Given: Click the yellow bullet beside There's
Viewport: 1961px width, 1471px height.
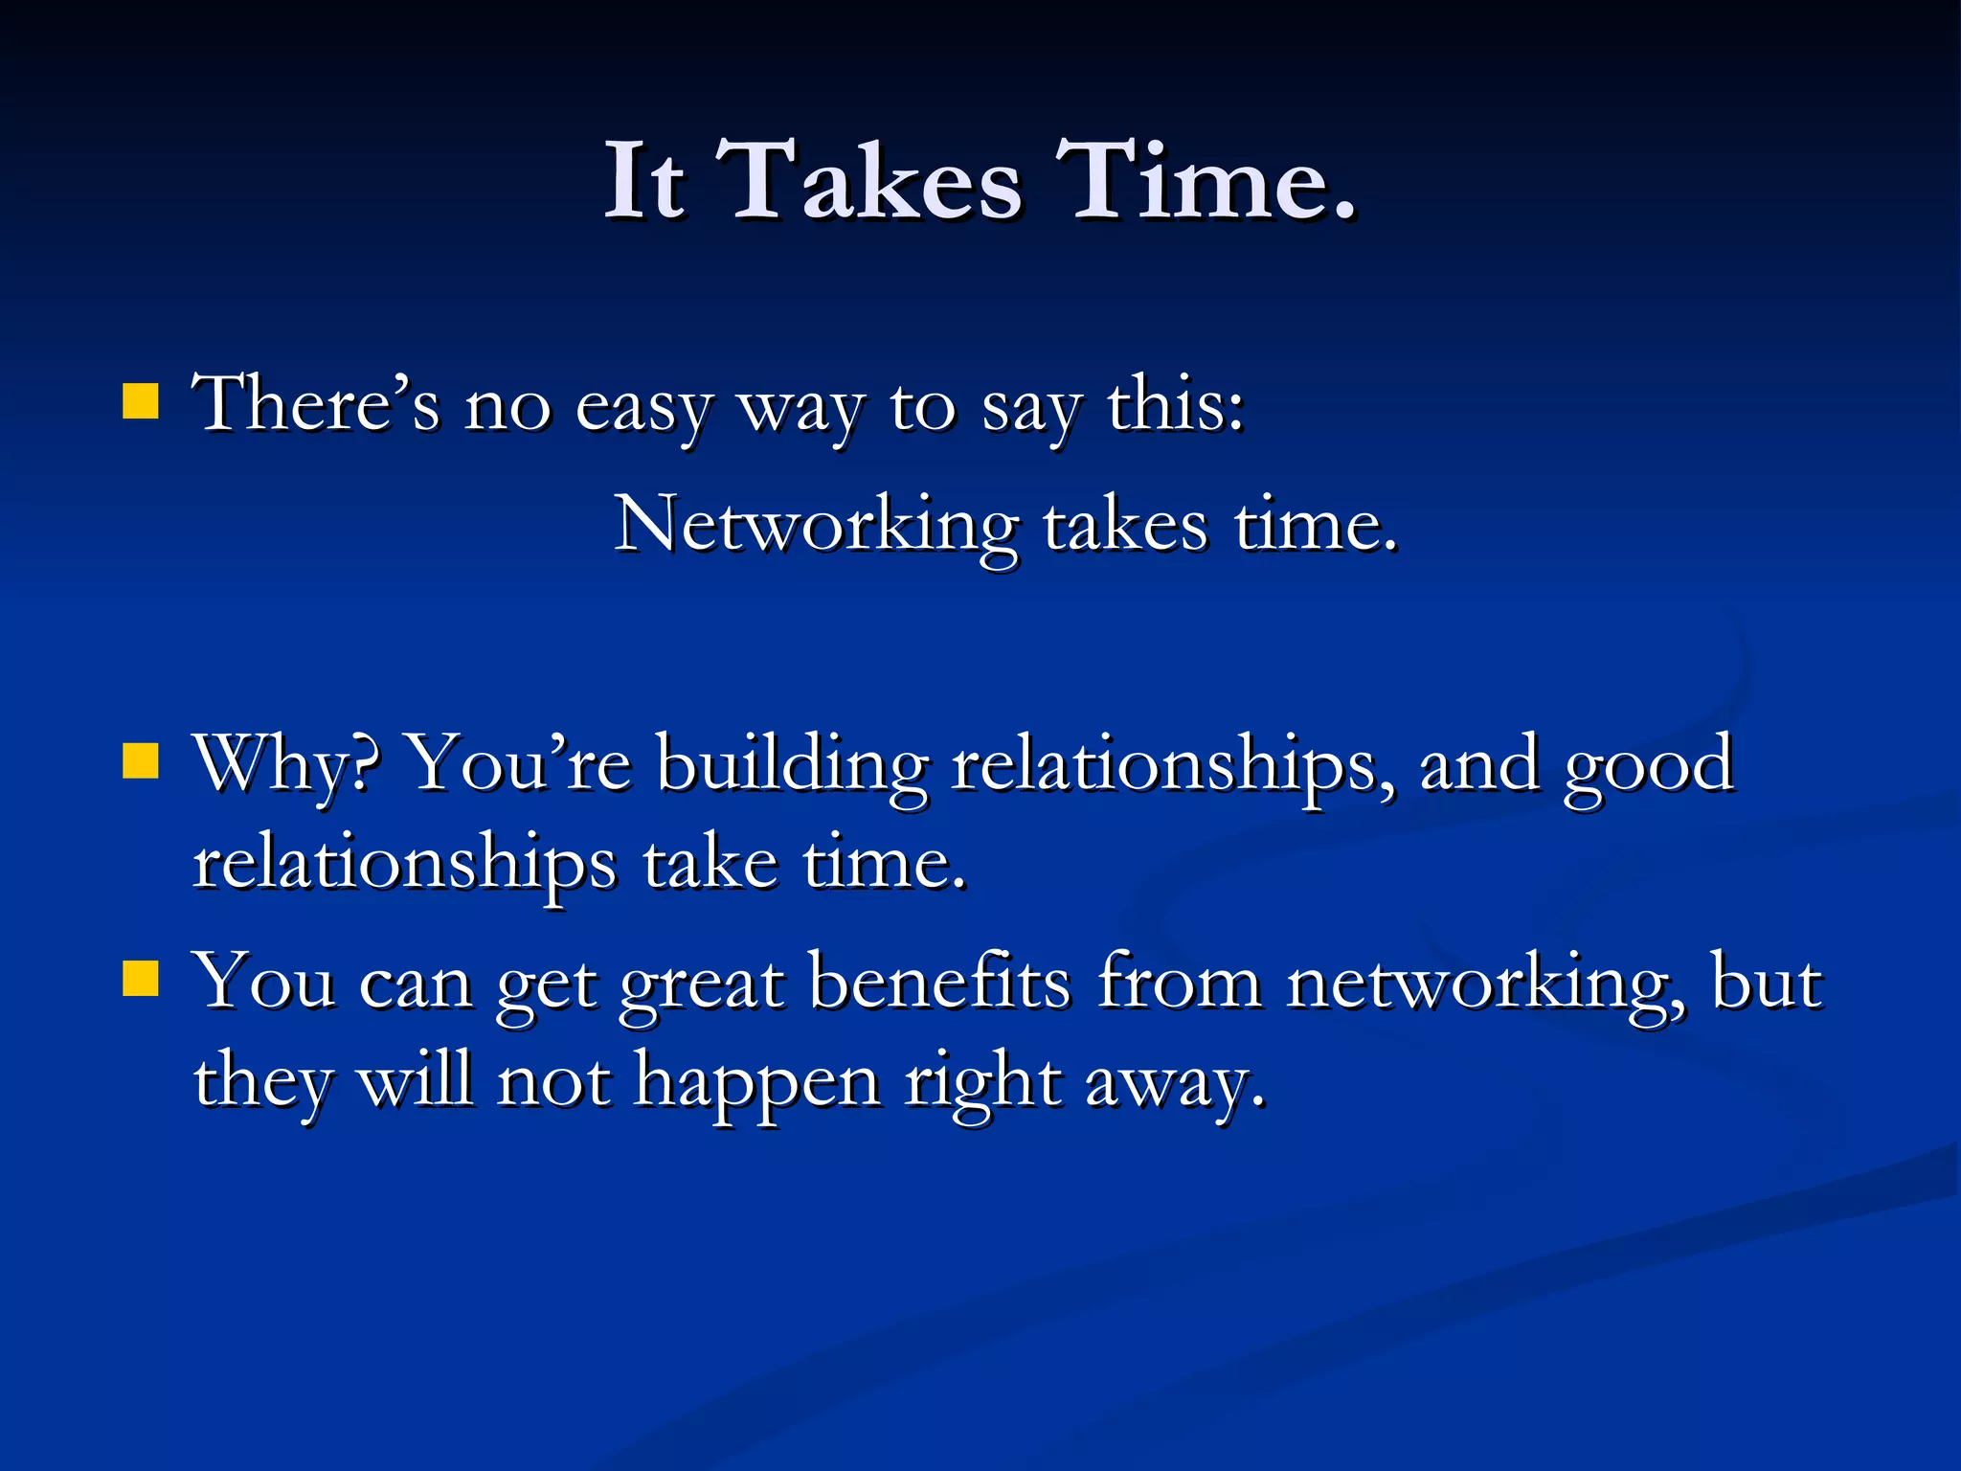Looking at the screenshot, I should [x=141, y=402].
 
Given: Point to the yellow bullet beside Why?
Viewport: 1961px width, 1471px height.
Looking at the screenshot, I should [x=141, y=762].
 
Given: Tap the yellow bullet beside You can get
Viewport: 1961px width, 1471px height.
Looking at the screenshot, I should [x=141, y=979].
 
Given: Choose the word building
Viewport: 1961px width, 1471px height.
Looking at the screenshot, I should [x=793, y=766].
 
